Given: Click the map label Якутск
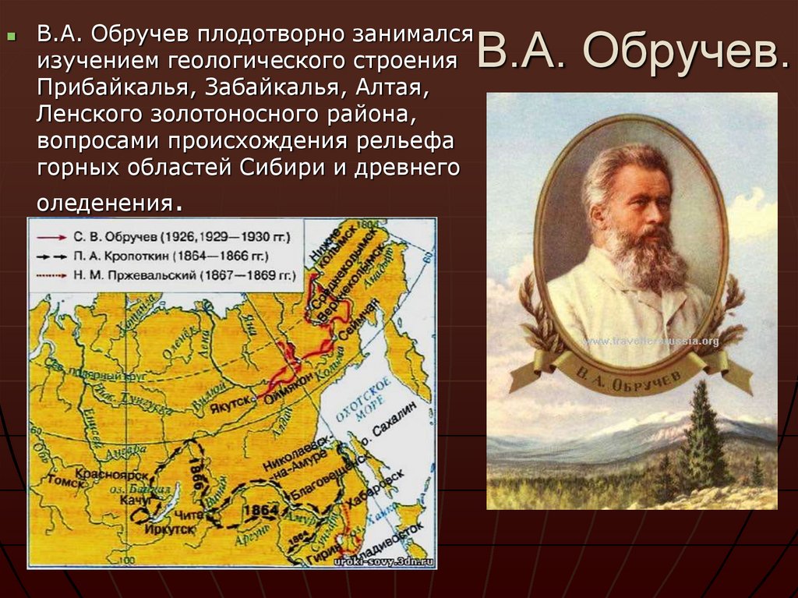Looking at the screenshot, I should (231, 399).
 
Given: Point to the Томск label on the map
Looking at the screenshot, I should (47, 481).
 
